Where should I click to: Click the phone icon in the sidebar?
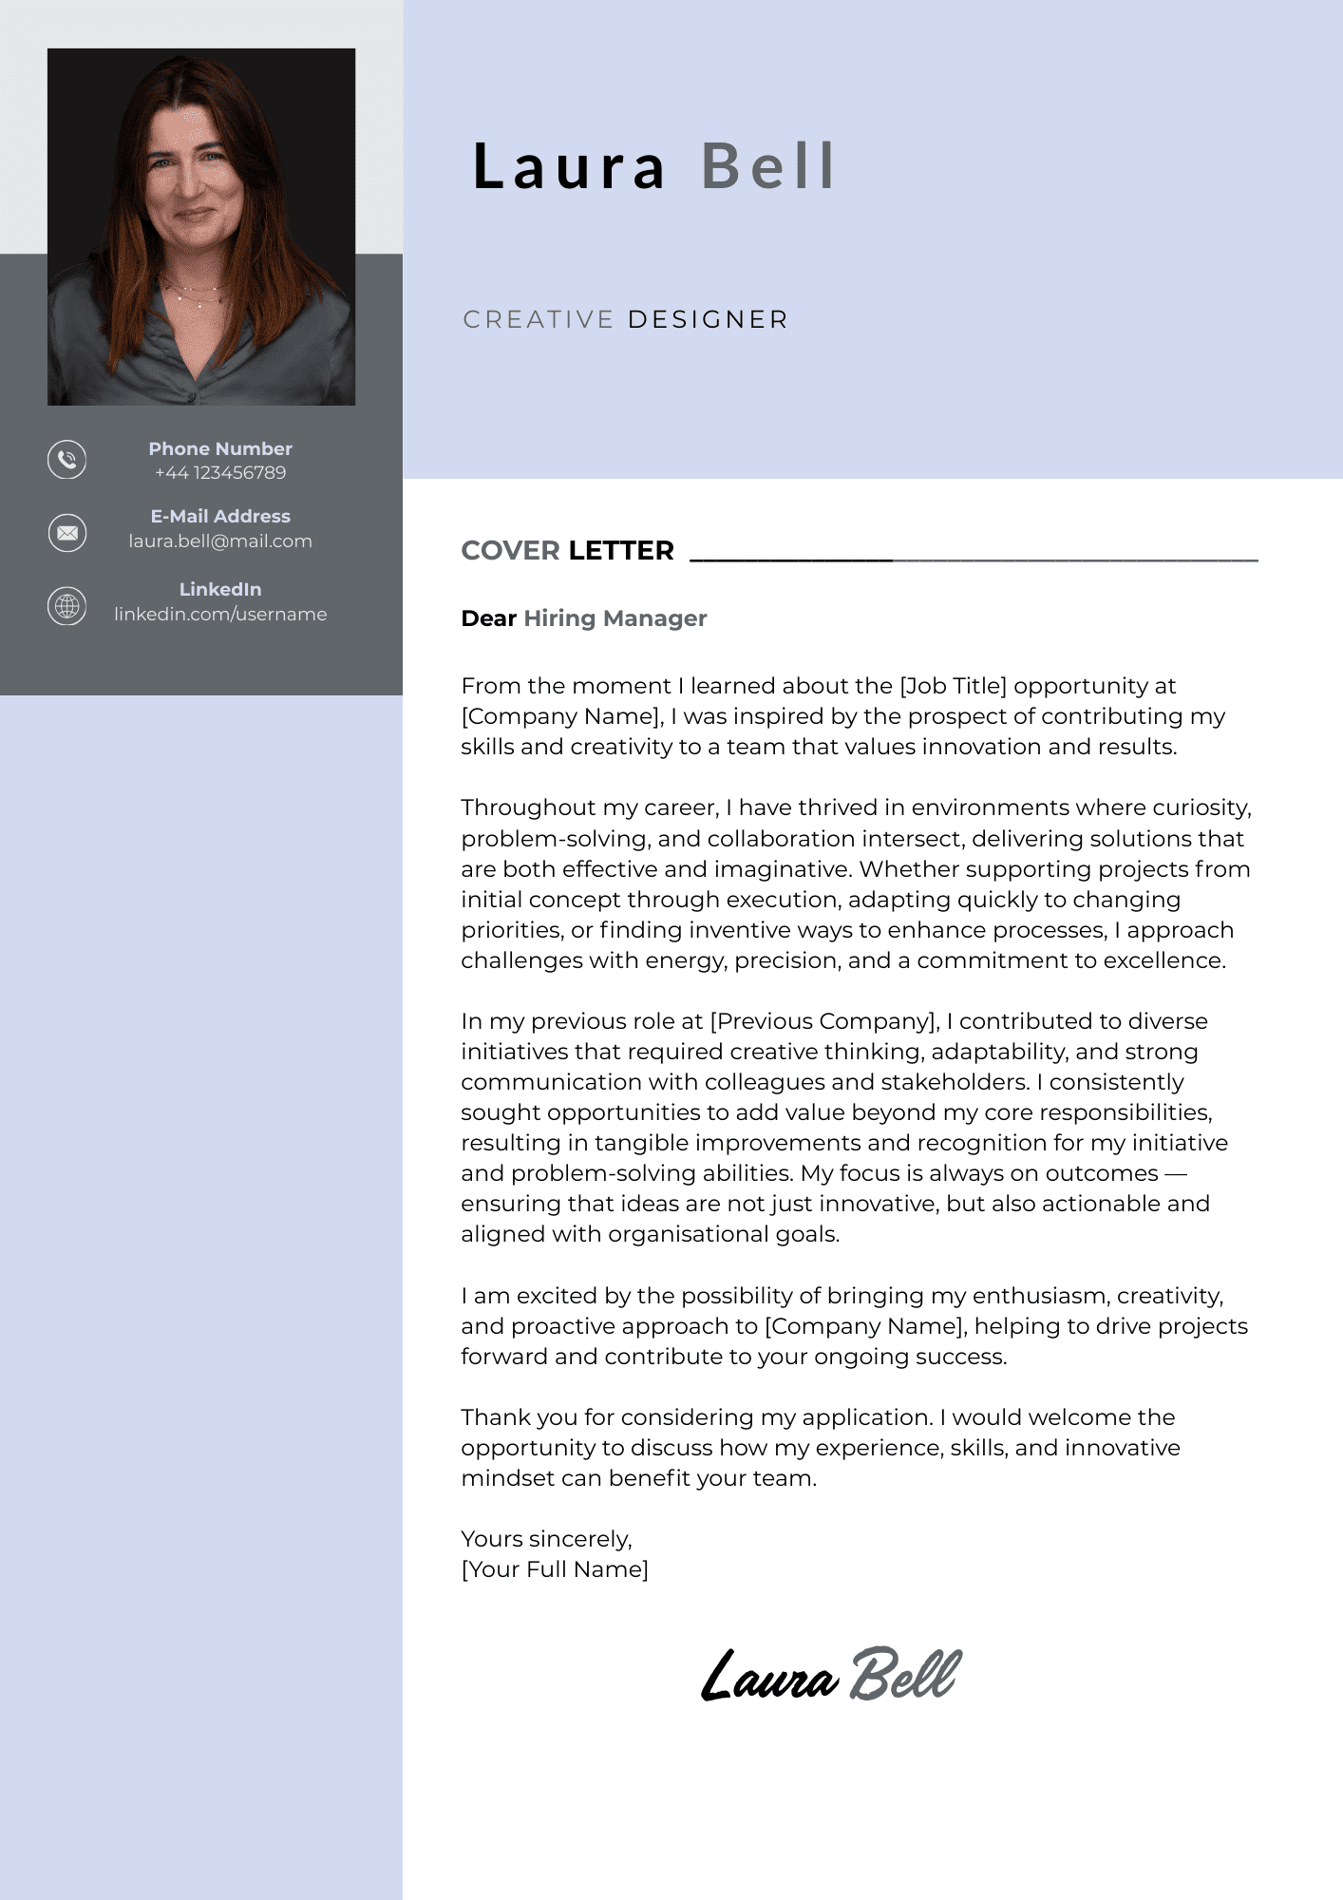point(66,460)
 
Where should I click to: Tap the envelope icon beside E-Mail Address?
point(66,533)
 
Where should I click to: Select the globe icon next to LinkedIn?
point(66,606)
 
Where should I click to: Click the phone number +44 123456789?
point(220,473)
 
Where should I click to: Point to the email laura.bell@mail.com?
point(220,541)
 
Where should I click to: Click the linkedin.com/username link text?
point(220,615)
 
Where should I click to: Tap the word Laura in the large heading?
point(570,166)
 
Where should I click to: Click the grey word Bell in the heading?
point(768,166)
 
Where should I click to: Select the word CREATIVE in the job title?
point(539,320)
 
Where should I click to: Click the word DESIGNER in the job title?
point(708,320)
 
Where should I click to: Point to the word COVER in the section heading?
point(510,551)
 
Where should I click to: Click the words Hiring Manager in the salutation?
point(615,618)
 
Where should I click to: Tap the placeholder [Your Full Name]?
point(555,1569)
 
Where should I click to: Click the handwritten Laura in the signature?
point(769,1677)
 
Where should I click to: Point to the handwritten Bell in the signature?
point(905,1674)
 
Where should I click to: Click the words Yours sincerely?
point(546,1539)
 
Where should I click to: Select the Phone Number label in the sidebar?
point(220,449)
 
